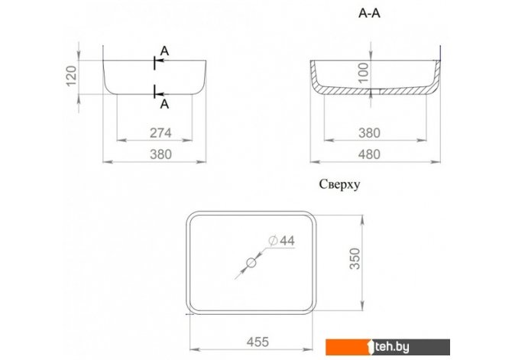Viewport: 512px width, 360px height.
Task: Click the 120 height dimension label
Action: coord(72,76)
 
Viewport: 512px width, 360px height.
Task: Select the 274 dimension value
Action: coord(160,133)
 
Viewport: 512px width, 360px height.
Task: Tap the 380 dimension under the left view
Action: coord(160,154)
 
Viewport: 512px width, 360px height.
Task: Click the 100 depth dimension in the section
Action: coord(364,73)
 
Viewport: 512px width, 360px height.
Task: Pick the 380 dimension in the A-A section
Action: coord(369,133)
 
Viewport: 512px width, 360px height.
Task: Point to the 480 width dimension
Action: coord(369,154)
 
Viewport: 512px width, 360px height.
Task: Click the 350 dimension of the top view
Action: coord(355,258)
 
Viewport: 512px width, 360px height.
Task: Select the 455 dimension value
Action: coord(258,342)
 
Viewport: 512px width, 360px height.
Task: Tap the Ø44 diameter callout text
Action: coord(281,241)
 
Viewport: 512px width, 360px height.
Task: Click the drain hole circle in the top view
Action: coord(251,263)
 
